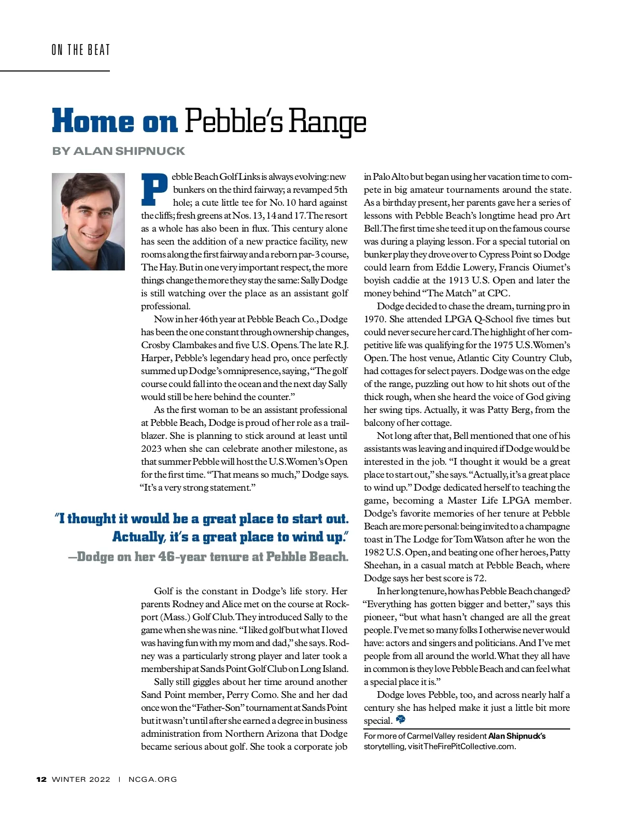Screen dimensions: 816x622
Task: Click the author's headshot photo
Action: coord(88,221)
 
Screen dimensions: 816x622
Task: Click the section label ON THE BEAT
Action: coord(81,50)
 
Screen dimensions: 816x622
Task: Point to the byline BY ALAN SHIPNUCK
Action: coord(118,151)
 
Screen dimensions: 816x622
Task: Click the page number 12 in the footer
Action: coord(41,779)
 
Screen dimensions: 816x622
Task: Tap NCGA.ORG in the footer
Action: coord(152,779)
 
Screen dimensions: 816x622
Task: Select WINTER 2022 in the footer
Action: coord(81,779)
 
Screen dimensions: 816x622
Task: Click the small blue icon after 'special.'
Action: coord(400,719)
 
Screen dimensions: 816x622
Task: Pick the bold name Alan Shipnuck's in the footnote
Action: coord(517,736)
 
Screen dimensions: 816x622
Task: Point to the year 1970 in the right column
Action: coord(374,319)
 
